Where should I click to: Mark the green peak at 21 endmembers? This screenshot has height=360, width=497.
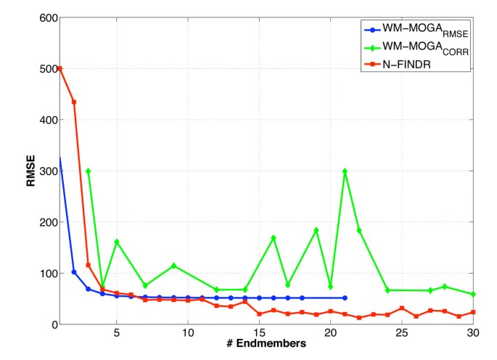(x=345, y=171)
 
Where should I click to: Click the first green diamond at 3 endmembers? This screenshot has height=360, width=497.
(x=89, y=171)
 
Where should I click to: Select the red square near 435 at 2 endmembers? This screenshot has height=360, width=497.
(x=74, y=102)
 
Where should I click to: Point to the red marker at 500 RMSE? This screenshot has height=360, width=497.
(x=60, y=69)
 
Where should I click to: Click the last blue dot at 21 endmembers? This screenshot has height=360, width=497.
(x=345, y=298)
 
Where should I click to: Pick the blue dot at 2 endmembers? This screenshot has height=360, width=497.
(x=74, y=271)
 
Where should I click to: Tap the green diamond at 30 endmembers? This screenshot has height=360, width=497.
(x=473, y=294)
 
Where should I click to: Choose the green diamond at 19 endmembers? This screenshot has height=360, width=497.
(x=316, y=230)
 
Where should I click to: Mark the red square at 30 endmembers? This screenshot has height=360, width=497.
(x=473, y=312)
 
